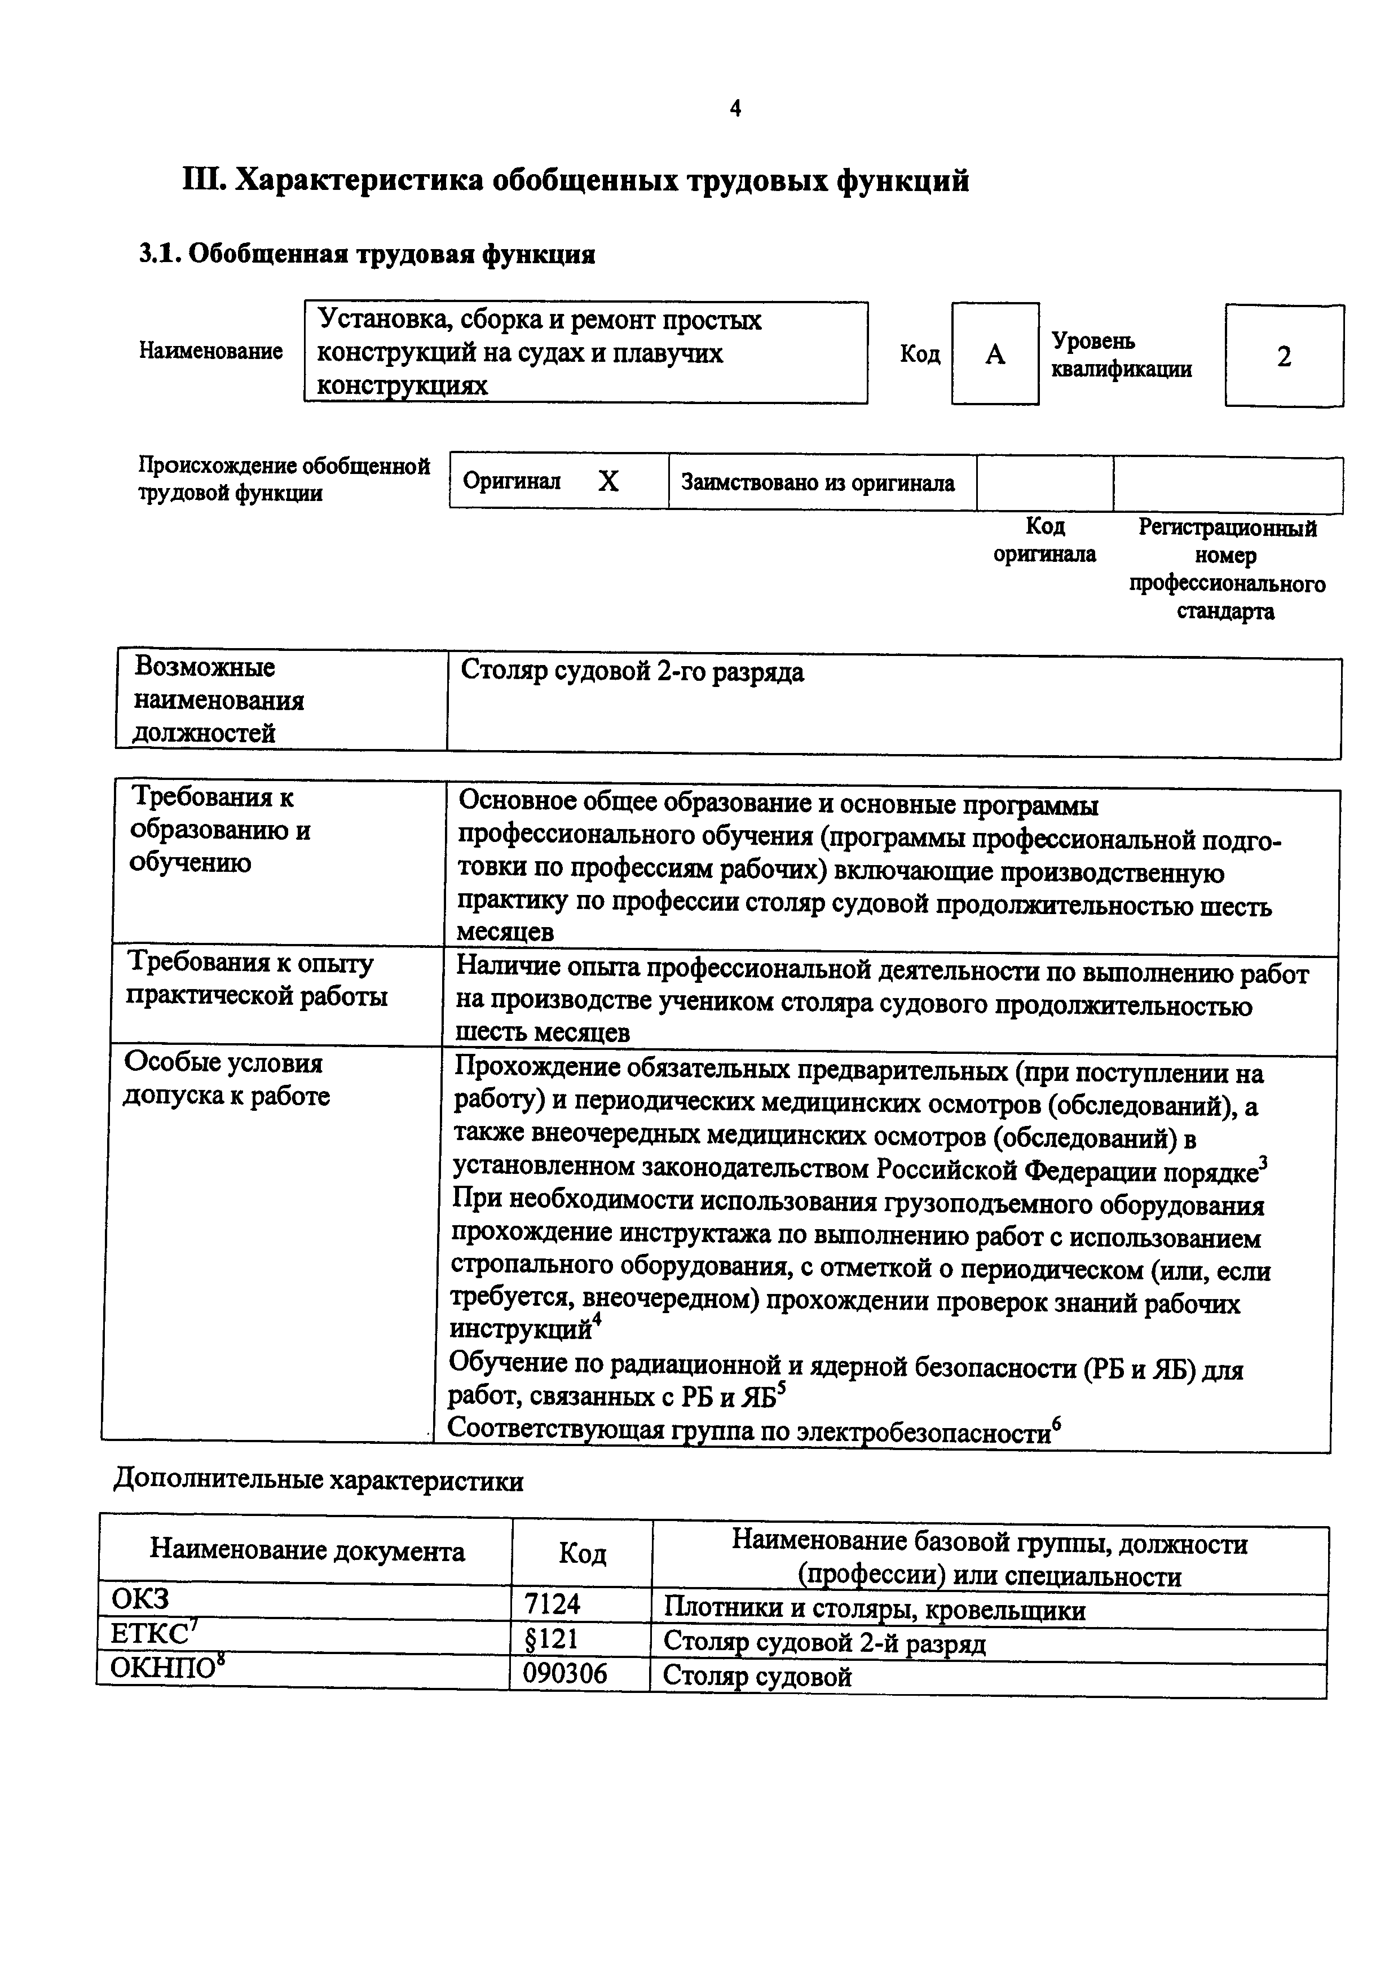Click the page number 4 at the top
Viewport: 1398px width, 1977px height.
735,109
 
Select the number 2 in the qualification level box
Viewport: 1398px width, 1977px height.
1284,357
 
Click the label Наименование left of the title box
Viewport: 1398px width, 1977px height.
211,351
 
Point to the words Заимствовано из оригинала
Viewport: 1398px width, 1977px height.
818,483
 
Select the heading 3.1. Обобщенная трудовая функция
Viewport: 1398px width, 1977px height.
367,255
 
